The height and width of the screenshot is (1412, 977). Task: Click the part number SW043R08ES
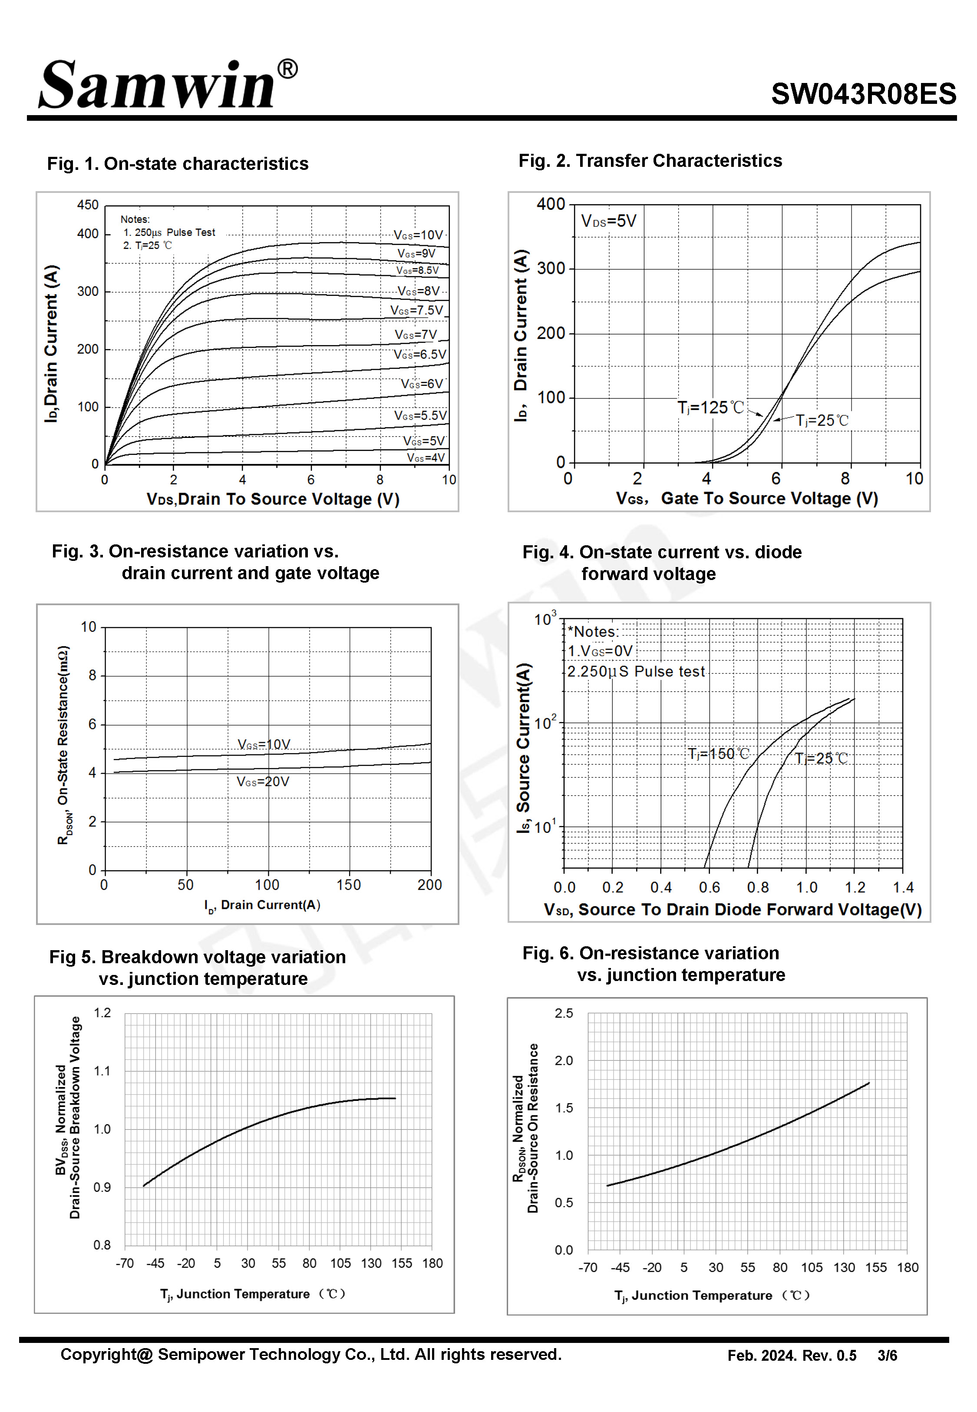pyautogui.click(x=863, y=94)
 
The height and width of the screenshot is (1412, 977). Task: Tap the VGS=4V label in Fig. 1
pyautogui.click(x=426, y=458)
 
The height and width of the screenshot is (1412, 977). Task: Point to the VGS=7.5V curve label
pyautogui.click(x=417, y=311)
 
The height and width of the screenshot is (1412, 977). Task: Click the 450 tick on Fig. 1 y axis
pyautogui.click(x=88, y=205)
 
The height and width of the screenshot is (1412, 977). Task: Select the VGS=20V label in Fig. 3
pyautogui.click(x=263, y=782)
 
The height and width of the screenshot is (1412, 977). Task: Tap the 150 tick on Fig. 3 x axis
pyautogui.click(x=348, y=885)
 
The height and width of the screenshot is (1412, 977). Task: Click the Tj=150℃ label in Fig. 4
pyautogui.click(x=719, y=754)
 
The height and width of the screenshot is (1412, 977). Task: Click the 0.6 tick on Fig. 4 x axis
pyautogui.click(x=710, y=888)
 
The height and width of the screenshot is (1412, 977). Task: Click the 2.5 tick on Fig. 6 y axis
pyautogui.click(x=564, y=1014)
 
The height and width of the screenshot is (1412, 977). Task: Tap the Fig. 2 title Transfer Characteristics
pyautogui.click(x=650, y=161)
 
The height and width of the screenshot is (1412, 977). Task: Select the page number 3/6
pyautogui.click(x=887, y=1356)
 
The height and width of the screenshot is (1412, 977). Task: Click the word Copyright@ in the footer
pyautogui.click(x=106, y=1355)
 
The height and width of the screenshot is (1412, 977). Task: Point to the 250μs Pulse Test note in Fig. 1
pyautogui.click(x=170, y=233)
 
